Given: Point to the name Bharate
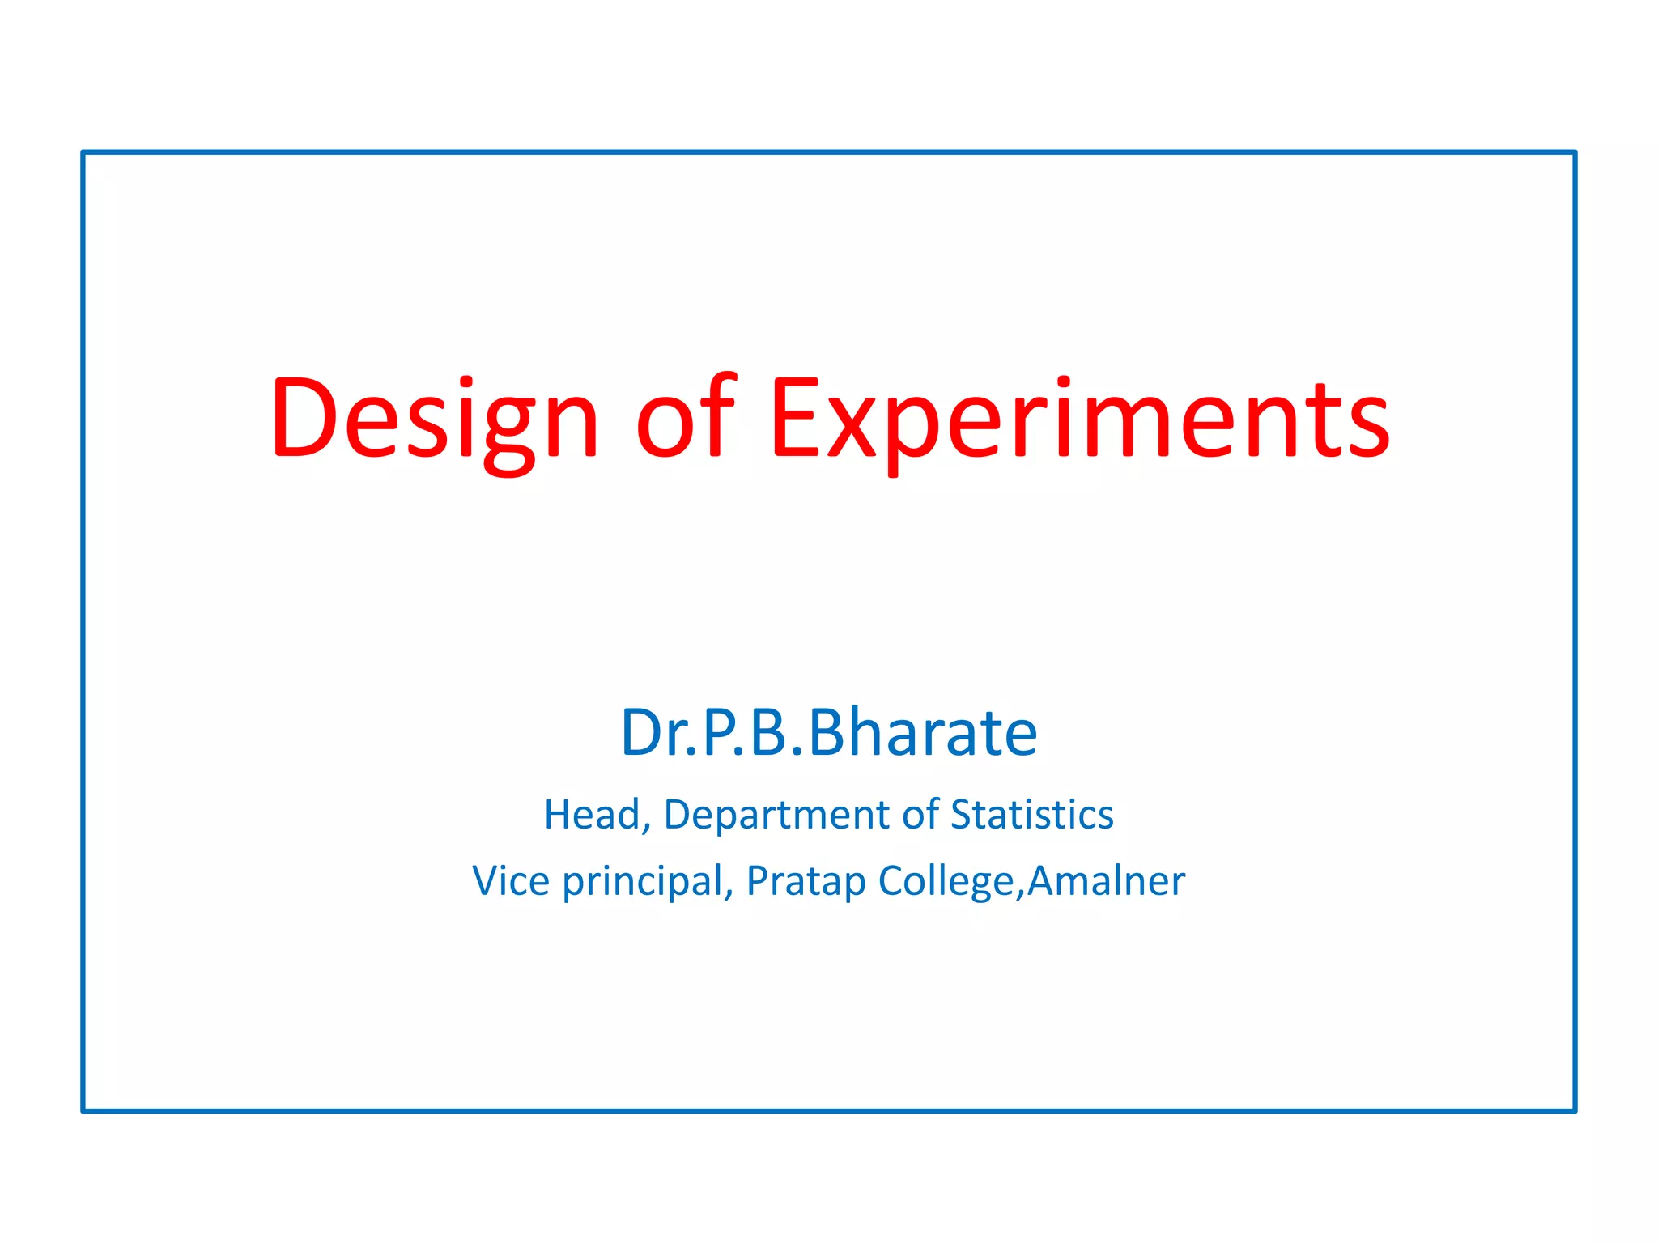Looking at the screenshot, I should click(922, 733).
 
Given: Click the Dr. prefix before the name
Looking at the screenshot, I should click(653, 733).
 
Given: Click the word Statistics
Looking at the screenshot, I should click(1031, 815).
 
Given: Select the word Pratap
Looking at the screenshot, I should click(806, 883).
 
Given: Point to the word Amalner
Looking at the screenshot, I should click(1106, 881).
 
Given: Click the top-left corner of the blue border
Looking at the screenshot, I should click(83, 152).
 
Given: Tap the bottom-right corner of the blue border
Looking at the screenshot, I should click(1575, 1110).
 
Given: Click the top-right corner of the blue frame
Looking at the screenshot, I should click(1575, 152).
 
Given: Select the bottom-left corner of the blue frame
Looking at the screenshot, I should click(83, 1110).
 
